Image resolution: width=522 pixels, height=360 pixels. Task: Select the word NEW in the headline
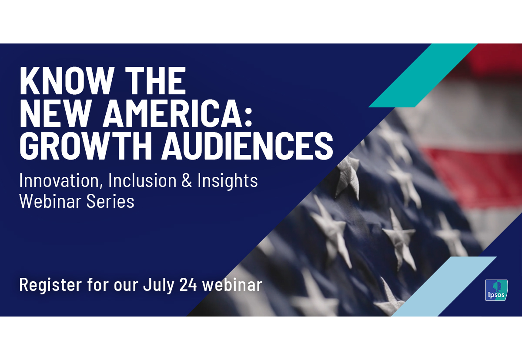[56, 113]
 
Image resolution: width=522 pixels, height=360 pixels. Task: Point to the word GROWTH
[86, 146]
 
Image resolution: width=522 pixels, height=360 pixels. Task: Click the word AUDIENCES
[248, 146]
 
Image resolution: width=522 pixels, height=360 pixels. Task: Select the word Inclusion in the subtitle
[142, 180]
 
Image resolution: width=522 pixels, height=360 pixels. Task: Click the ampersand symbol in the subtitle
[187, 180]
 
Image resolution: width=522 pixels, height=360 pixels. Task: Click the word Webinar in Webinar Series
[50, 201]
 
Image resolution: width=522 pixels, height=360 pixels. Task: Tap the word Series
[110, 201]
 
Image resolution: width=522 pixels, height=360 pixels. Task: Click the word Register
[50, 285]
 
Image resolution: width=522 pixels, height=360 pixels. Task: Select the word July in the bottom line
[158, 285]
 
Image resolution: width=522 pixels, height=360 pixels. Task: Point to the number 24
[188, 284]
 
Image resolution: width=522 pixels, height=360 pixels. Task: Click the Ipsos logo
[496, 290]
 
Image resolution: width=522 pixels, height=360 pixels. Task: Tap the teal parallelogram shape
[423, 75]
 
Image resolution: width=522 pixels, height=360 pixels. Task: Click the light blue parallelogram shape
[444, 287]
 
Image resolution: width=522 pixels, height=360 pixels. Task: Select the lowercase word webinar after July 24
[232, 284]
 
